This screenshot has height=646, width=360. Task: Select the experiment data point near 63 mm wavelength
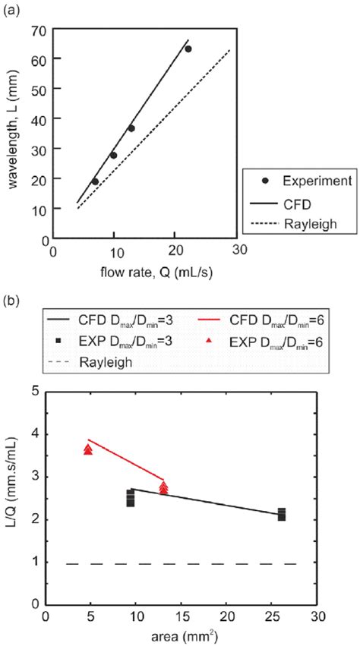(188, 49)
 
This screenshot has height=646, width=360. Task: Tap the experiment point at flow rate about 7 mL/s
(95, 181)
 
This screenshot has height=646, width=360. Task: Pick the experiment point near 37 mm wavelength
(131, 128)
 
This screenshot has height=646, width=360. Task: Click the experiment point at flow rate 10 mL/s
(113, 155)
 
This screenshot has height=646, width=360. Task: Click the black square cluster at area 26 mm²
(282, 514)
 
